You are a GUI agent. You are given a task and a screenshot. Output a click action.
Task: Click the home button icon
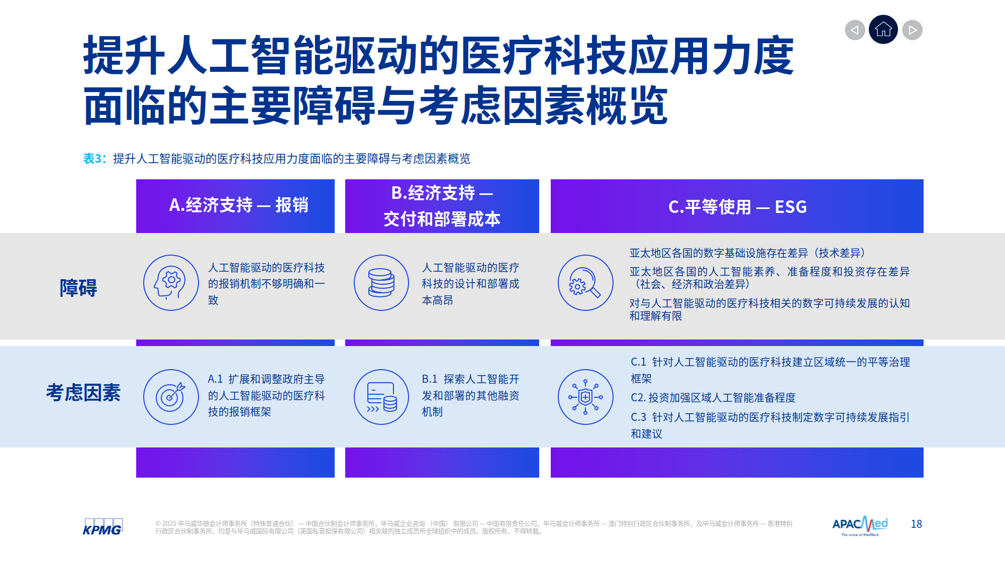(x=883, y=30)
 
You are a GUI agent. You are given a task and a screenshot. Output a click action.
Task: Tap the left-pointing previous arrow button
(x=855, y=30)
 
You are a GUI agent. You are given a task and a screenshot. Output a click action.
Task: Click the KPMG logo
(x=103, y=527)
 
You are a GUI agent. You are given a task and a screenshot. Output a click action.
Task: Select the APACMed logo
(x=860, y=525)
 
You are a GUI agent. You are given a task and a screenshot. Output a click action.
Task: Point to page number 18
(x=916, y=524)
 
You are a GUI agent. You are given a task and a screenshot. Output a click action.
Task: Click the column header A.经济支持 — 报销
(x=238, y=205)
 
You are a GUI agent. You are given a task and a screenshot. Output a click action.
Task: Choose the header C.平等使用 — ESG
(x=737, y=207)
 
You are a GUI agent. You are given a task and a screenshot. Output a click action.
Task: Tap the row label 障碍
(x=78, y=288)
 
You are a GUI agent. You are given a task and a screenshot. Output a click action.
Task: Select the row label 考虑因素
(x=83, y=393)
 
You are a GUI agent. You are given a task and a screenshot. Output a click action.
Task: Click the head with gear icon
(x=171, y=283)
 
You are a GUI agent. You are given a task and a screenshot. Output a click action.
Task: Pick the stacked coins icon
(x=381, y=283)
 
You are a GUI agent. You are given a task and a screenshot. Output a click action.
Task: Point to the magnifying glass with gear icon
(x=585, y=283)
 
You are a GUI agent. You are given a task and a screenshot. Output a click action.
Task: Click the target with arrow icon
(x=171, y=397)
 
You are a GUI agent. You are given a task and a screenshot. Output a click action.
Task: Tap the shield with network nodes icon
(x=585, y=397)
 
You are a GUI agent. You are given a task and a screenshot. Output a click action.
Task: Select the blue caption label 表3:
(x=94, y=159)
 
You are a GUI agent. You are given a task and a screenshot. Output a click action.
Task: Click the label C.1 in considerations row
(x=638, y=362)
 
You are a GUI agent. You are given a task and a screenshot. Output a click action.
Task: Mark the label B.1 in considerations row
(x=429, y=379)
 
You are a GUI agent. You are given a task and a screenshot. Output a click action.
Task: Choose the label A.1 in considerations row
(x=215, y=379)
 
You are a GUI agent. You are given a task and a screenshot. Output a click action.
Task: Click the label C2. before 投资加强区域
(x=638, y=398)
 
